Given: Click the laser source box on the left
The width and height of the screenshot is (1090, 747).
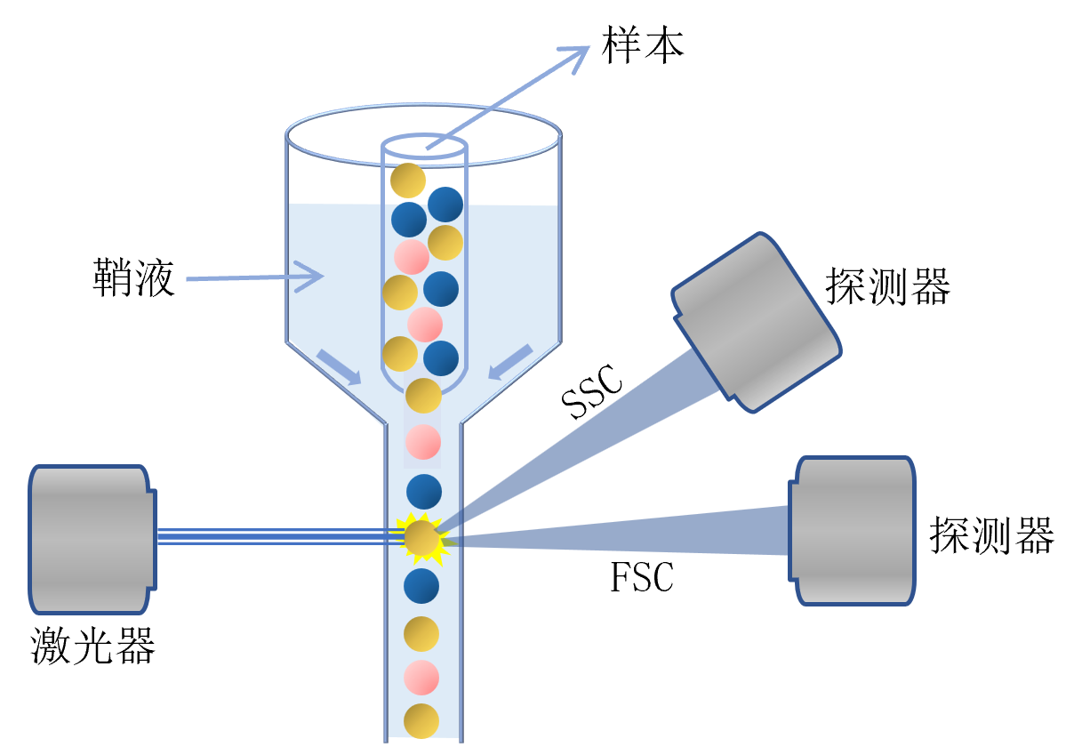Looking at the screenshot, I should click(89, 539).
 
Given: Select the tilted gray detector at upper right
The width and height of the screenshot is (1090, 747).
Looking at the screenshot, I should click(757, 322).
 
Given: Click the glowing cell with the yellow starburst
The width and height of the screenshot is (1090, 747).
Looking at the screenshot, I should click(421, 538).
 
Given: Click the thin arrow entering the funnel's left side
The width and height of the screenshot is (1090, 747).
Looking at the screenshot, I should click(253, 277).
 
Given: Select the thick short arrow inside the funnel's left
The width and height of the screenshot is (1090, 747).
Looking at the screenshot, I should click(339, 366).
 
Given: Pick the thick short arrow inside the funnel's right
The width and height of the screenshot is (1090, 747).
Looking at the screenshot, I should click(510, 362).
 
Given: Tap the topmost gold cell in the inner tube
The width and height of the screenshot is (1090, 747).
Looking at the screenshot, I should click(408, 181).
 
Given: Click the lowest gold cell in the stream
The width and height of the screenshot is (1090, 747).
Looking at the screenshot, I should click(421, 721).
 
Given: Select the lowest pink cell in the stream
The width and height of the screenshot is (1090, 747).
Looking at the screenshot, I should click(421, 678).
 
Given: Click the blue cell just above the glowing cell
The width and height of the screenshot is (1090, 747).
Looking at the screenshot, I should click(424, 492).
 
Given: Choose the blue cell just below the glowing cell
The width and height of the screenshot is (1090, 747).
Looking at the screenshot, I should click(421, 586).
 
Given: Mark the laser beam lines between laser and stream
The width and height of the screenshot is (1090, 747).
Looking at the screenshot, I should click(276, 535).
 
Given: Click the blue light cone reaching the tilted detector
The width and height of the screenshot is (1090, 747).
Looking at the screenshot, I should click(605, 427).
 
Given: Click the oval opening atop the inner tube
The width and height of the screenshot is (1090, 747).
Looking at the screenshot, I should click(424, 147).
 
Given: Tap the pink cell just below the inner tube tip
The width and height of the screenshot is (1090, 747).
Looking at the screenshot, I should click(423, 442).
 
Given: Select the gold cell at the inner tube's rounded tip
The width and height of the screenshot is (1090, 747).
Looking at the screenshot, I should click(423, 396).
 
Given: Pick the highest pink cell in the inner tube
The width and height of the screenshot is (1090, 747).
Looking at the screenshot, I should click(412, 257).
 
